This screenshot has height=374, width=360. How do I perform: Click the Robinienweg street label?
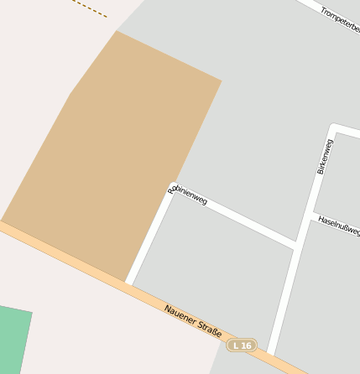click(187, 195)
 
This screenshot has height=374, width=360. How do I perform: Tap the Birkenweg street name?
click(325, 157)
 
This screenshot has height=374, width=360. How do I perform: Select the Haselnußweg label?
click(338, 225)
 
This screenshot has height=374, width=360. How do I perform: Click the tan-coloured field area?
click(117, 159)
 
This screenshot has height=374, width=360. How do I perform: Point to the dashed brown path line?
click(90, 8)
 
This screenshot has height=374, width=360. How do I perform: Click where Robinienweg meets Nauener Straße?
click(128, 283)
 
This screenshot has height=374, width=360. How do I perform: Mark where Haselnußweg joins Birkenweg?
click(312, 216)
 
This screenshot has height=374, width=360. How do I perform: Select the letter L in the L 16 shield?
click(236, 345)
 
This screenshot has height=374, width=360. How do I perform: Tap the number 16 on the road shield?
click(247, 345)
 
